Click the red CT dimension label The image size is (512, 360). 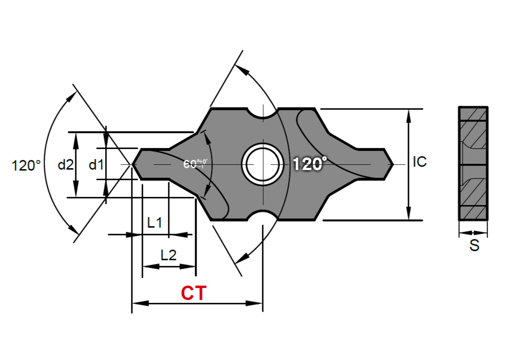pyautogui.click(x=194, y=293)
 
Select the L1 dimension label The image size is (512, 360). pyautogui.click(x=155, y=223)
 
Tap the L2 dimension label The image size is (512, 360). pyautogui.click(x=168, y=255)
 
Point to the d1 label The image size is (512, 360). pyautogui.click(x=96, y=165)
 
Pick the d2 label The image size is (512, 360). pyautogui.click(x=66, y=165)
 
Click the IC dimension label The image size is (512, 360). pyautogui.click(x=419, y=162)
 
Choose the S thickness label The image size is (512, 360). pyautogui.click(x=474, y=245)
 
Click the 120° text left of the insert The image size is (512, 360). pyautogui.click(x=26, y=166)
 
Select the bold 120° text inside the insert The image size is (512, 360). pyautogui.click(x=309, y=164)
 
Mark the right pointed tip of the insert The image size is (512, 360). pyautogui.click(x=393, y=164)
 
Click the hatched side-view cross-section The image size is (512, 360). pyautogui.click(x=473, y=163)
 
